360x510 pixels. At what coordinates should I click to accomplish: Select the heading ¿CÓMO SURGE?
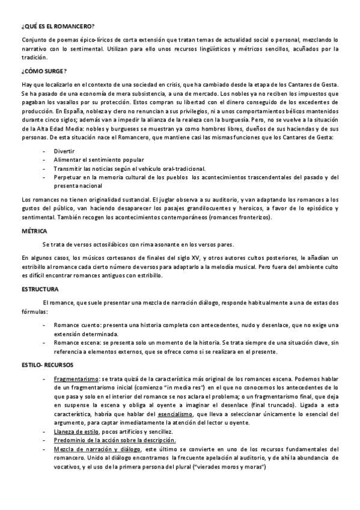[44, 70]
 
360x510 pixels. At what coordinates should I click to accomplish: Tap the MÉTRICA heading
[34, 231]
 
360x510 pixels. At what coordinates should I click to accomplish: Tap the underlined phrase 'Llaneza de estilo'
[75, 432]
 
